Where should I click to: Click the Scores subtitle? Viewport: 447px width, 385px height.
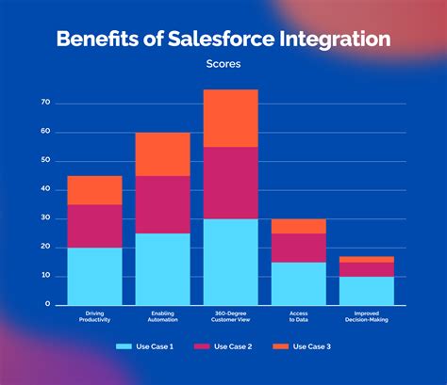click(x=223, y=65)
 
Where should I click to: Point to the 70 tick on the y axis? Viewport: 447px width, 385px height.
click(x=45, y=102)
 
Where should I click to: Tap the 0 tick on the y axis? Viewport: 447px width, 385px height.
click(x=47, y=305)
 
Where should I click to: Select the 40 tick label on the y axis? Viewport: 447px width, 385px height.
click(x=45, y=189)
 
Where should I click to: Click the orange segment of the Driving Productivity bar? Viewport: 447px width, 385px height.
click(x=94, y=190)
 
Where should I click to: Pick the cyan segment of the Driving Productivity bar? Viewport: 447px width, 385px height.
click(x=94, y=276)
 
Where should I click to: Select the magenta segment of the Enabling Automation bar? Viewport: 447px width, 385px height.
click(x=162, y=204)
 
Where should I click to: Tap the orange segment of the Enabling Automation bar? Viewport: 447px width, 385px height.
click(x=162, y=154)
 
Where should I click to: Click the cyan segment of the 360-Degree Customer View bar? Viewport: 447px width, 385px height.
click(x=230, y=262)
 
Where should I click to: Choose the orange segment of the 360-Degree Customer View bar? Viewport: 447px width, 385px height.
click(x=230, y=118)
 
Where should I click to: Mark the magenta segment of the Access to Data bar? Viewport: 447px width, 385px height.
click(x=298, y=247)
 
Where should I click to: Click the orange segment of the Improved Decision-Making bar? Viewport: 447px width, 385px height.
click(x=367, y=259)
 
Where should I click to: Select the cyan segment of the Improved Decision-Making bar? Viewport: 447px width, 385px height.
click(x=367, y=290)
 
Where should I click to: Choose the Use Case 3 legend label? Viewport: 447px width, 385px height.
click(x=311, y=346)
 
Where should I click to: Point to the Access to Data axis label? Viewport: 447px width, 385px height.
click(x=298, y=315)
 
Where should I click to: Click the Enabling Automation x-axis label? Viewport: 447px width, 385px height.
click(x=162, y=315)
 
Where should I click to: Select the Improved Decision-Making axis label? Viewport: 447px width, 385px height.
click(x=367, y=315)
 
